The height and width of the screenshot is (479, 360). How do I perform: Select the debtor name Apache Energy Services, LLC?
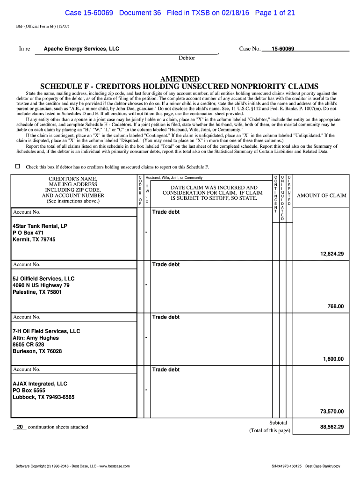[x=81, y=49]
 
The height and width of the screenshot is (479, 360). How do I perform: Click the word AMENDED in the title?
[x=180, y=79]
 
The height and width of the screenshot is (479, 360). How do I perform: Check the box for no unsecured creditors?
[x=18, y=166]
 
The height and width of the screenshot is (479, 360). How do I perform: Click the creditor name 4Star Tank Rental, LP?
[x=40, y=226]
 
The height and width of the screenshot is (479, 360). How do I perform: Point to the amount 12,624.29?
[x=331, y=254]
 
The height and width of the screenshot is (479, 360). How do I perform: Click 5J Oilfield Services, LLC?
[x=43, y=278]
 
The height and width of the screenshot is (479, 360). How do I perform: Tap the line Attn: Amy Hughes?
[x=36, y=338]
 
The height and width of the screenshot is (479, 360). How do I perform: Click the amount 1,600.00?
[x=333, y=359]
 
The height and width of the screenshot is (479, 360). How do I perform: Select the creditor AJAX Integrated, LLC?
[x=40, y=384]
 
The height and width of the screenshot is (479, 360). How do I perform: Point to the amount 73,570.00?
[x=331, y=412]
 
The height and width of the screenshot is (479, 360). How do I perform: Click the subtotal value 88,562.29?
[x=331, y=427]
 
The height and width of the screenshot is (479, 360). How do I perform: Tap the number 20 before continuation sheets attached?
[x=20, y=427]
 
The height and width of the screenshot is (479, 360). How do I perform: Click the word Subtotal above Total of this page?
[x=278, y=422]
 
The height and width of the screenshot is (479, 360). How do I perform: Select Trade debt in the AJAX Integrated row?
[x=166, y=370]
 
